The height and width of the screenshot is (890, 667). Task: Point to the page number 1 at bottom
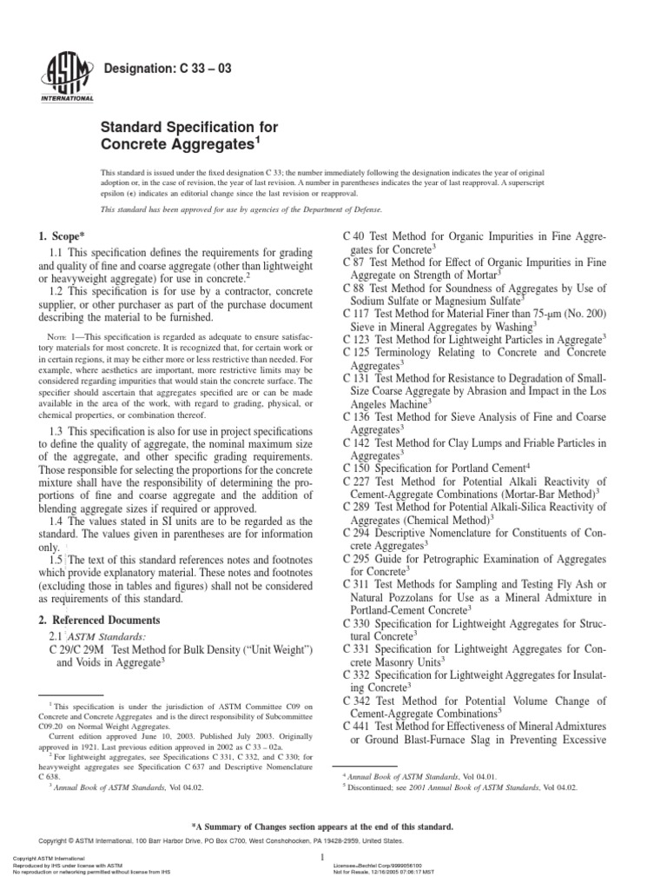click(x=321, y=856)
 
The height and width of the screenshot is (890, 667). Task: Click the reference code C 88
click(x=357, y=281)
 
